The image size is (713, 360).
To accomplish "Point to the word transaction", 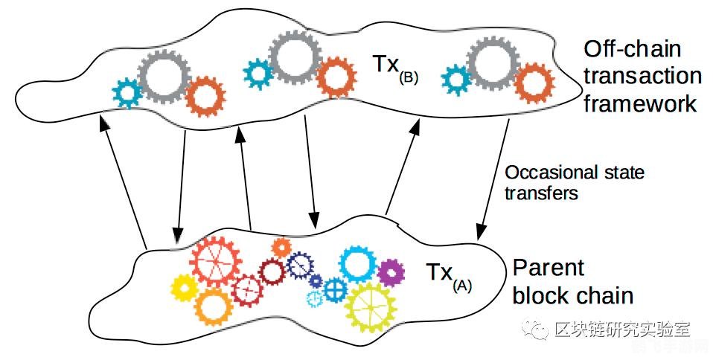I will [x=642, y=77].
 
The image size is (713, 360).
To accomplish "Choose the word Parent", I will [x=549, y=268].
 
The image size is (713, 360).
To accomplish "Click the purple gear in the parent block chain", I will [x=391, y=272].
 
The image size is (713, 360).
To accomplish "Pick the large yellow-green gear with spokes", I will [x=371, y=306].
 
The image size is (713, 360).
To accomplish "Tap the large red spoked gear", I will [x=214, y=260].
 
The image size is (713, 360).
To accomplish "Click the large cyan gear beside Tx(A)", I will [x=358, y=263].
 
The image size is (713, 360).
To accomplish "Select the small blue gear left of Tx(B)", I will [x=259, y=73].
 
